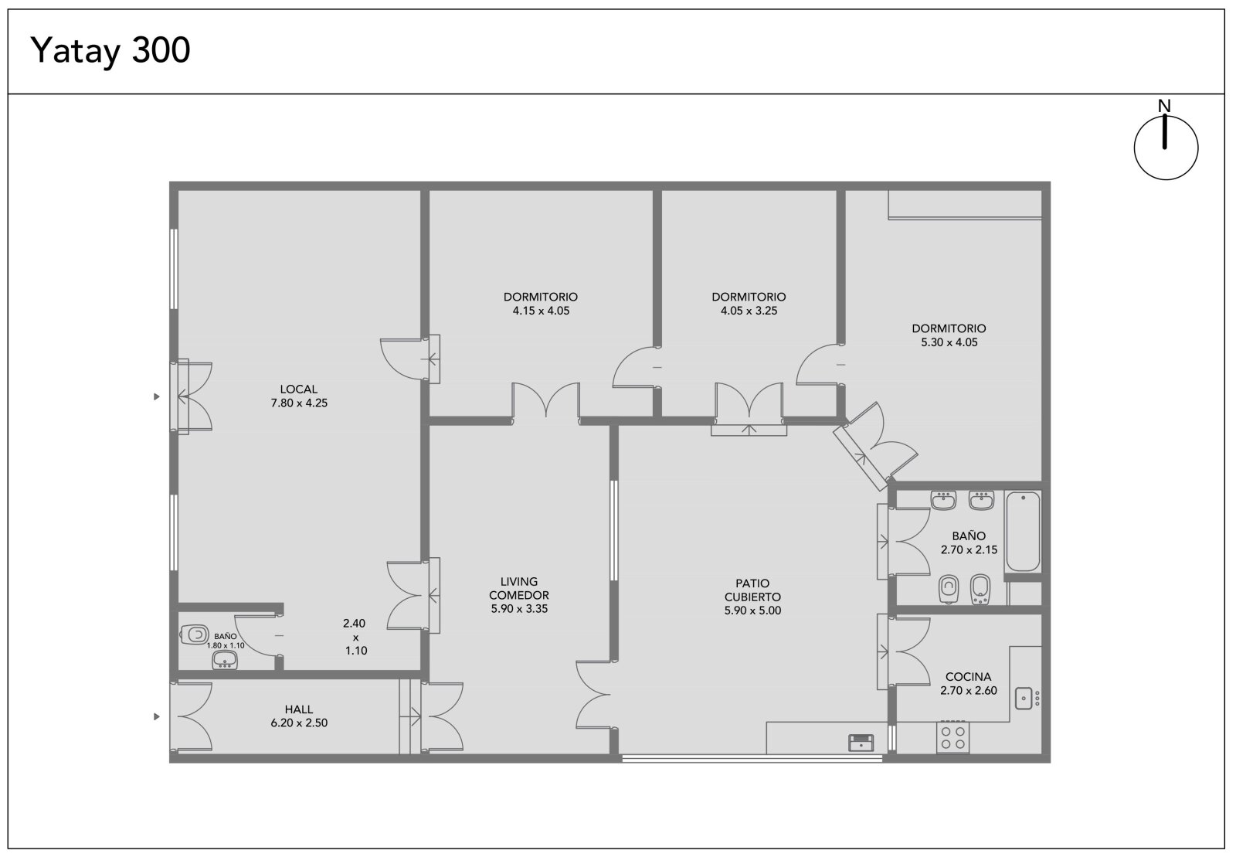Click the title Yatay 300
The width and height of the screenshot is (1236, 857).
110,51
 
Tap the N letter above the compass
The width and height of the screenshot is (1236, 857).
1164,105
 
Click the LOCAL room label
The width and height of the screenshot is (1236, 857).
298,389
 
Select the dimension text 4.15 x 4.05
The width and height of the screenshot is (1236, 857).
541,311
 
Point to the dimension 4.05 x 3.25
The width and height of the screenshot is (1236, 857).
749,311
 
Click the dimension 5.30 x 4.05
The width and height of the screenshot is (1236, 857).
949,342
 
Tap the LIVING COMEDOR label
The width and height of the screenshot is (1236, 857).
518,588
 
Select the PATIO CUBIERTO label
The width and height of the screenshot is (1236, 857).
752,590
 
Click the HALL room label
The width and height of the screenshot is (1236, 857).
298,709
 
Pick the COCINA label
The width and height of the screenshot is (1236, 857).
969,676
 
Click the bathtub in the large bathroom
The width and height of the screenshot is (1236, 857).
1023,532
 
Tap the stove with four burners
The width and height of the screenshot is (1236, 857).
953,737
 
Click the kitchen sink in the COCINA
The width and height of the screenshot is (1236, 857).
1024,698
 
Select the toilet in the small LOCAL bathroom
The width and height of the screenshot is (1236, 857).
194,634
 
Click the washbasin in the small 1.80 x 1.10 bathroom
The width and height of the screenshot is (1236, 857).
225,660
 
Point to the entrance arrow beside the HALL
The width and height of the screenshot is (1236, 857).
157,717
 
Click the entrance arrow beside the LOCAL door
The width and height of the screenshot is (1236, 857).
157,396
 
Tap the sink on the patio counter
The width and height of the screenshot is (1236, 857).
861,743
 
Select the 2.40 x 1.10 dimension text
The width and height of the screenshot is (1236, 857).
355,637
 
